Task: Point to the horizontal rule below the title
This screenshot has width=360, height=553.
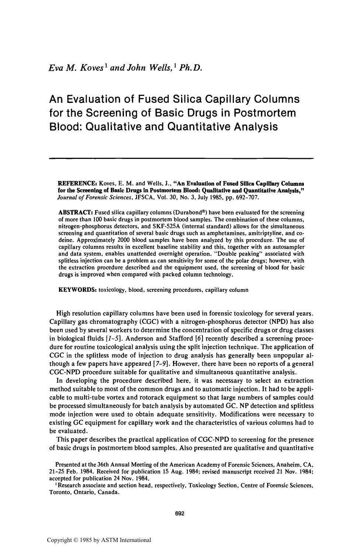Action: pyautogui.click(x=181, y=159)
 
